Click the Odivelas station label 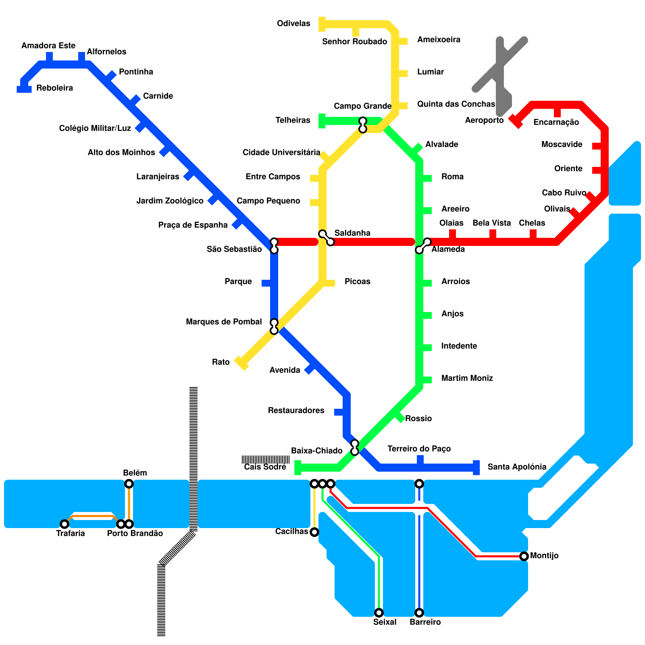point(293,23)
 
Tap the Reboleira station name point(54,88)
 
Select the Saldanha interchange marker point(326,238)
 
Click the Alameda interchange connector point(423,246)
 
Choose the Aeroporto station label point(484,120)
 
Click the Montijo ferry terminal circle point(524,556)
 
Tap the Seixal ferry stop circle point(379,613)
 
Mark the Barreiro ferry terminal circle point(419,613)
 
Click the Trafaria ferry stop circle point(64,524)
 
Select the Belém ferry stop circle point(129,484)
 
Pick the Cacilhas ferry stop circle point(314,532)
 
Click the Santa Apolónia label point(517,467)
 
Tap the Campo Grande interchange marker point(362,125)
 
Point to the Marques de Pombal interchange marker point(274,327)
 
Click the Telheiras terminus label point(293,120)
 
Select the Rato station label point(221,362)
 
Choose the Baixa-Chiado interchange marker point(354,447)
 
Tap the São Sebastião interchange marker point(274,246)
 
